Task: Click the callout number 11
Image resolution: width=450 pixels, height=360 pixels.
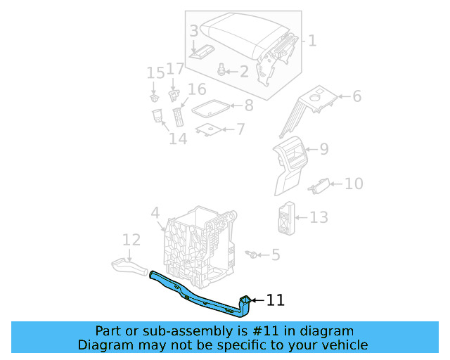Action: (275, 301)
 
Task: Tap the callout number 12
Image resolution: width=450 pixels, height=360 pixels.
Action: (131, 240)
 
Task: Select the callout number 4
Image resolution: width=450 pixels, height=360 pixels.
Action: (155, 212)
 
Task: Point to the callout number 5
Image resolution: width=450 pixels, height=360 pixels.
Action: (275, 255)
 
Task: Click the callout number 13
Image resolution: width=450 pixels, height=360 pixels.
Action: (319, 217)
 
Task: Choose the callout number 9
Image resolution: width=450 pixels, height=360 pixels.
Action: (323, 149)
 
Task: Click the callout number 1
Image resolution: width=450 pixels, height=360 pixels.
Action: (312, 41)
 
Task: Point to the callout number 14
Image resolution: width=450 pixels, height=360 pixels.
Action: (178, 139)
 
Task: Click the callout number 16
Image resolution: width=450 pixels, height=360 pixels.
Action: (197, 89)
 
